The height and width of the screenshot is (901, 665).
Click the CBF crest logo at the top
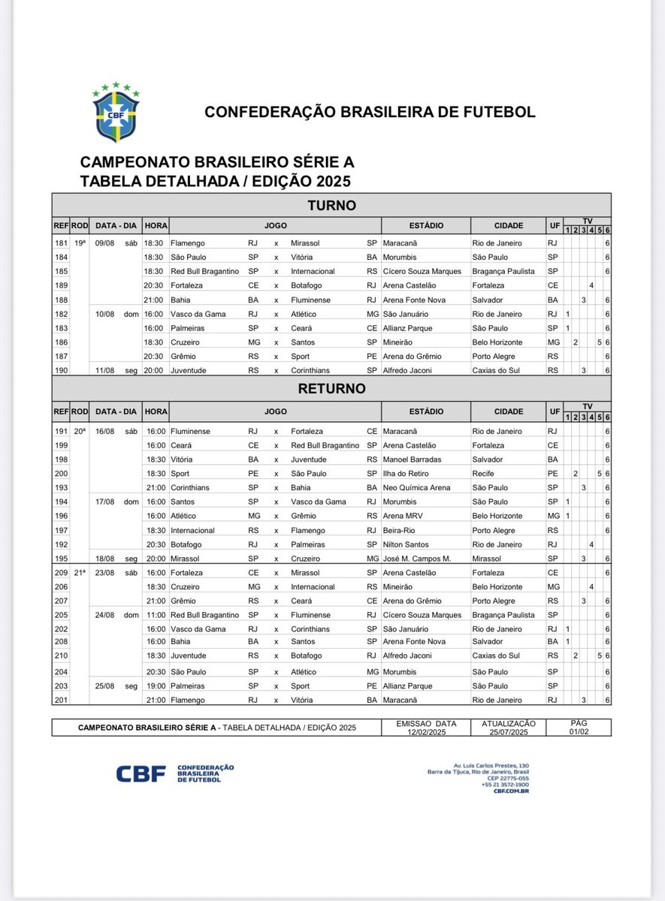point(116,112)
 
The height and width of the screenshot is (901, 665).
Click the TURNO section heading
point(331,205)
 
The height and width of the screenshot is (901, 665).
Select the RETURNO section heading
point(331,389)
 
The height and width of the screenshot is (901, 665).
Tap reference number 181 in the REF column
point(60,243)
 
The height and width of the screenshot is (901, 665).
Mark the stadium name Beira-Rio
point(402,530)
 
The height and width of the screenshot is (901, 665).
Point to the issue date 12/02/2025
point(425,731)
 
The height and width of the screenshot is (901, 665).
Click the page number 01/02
point(579,731)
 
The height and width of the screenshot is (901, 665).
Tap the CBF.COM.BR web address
point(512,791)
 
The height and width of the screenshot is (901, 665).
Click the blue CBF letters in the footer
point(141,774)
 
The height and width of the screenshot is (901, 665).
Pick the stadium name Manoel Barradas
point(416,460)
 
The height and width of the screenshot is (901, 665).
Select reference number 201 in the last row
point(60,700)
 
